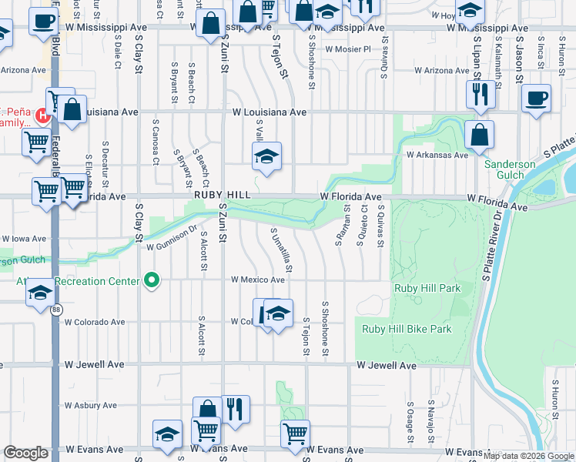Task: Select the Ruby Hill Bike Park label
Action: coord(407,329)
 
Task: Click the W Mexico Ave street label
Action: coord(258,280)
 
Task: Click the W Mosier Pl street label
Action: coord(348,49)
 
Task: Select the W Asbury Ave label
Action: coord(91,405)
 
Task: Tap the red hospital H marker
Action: coord(43,117)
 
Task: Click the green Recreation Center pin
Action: coord(152,281)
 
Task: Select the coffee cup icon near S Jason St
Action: coord(537,99)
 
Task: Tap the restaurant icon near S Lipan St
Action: coord(480,94)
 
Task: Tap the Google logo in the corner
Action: coord(25,454)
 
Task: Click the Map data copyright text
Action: coord(527,456)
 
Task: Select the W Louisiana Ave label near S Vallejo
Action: coord(270,112)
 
